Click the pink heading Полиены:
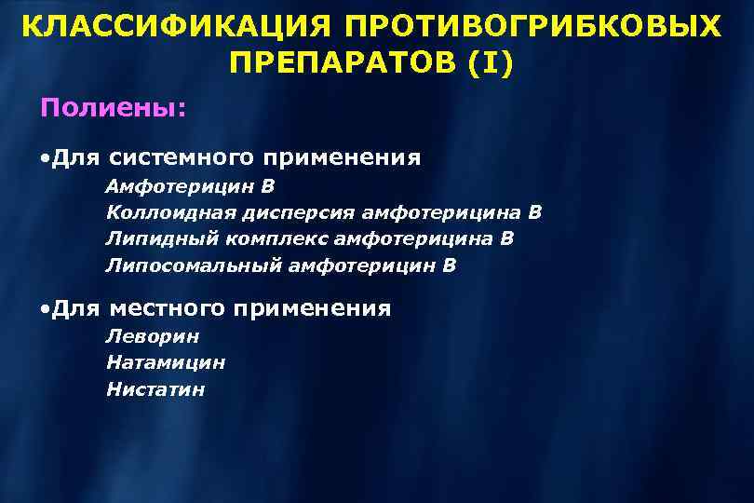113,108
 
